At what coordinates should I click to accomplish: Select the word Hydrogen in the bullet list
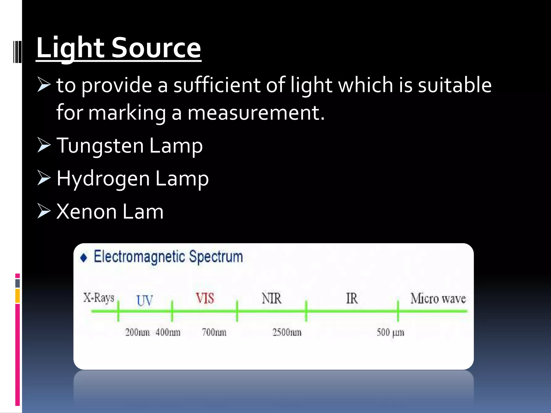pos(103,179)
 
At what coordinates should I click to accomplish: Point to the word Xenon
pos(86,212)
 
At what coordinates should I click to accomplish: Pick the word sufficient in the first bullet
pos(217,85)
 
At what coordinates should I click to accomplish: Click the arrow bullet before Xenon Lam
pos(44,211)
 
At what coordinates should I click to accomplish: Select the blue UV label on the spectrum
pos(145,301)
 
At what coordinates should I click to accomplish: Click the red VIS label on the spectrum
pos(205,298)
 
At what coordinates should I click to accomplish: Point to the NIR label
pos(272,298)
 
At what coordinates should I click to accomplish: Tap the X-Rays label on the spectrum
pos(99,298)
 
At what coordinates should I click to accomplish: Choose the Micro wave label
pos(438,298)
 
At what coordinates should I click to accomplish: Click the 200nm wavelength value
pos(137,332)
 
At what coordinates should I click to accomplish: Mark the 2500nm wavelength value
pos(287,332)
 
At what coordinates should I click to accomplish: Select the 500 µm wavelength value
pos(390,333)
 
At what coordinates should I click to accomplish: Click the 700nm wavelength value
pos(214,332)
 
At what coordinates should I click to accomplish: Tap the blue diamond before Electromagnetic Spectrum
pos(84,258)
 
